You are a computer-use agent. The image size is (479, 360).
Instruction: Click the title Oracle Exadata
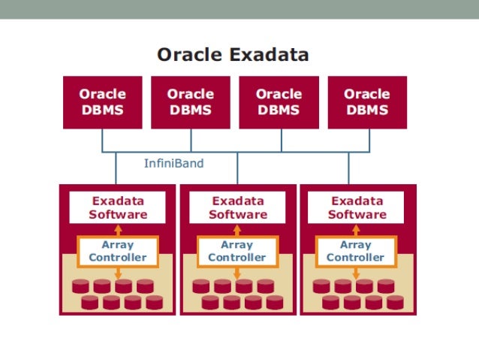point(232,55)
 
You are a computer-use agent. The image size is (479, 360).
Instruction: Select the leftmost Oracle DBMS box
point(102,101)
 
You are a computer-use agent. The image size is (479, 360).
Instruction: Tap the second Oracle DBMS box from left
point(190,101)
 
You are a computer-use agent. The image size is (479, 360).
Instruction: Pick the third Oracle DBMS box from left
point(279,101)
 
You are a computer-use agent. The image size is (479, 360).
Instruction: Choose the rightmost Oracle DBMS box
point(366,101)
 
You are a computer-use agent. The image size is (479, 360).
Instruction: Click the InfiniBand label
point(173,163)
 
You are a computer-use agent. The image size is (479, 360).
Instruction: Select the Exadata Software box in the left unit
point(117,207)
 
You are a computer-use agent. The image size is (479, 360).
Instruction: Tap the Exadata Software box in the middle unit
point(237,207)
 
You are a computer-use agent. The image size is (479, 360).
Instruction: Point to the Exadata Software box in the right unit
point(357,207)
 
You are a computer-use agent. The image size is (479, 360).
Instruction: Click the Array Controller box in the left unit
point(117,251)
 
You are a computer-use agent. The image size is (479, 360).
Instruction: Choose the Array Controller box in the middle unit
point(237,251)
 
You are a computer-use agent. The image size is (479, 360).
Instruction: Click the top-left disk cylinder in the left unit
point(81,286)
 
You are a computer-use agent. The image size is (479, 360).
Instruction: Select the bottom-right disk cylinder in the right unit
point(394,302)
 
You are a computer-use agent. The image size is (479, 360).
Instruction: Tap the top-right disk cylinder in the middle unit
point(265,286)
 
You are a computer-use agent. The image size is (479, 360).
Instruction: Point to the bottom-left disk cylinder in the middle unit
point(210,302)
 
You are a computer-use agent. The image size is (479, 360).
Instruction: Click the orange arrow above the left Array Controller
point(117,230)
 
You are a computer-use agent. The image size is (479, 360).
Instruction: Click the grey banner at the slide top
point(239,8)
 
